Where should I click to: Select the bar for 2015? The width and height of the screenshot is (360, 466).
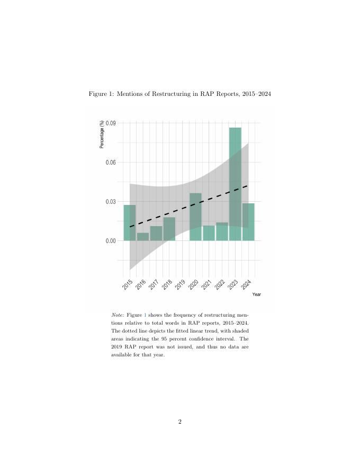tap(130, 222)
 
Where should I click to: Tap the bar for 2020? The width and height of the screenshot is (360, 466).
tap(196, 217)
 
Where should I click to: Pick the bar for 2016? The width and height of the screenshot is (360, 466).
tap(143, 237)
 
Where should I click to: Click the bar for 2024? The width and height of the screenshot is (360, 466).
tap(248, 222)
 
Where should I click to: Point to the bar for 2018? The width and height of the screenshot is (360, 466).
tap(169, 229)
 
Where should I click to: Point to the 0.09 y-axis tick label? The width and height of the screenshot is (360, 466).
tap(111, 123)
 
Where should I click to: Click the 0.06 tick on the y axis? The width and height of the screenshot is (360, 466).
tap(111, 163)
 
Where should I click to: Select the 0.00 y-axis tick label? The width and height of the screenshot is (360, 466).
tap(111, 241)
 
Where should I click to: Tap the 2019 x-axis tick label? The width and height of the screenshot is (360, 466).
tap(181, 284)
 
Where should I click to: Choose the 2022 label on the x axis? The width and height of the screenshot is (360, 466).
tap(220, 284)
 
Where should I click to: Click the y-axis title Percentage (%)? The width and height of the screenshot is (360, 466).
tap(102, 135)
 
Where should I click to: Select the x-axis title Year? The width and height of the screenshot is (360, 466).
tap(256, 294)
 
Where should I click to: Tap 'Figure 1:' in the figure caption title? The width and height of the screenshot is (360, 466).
tap(101, 94)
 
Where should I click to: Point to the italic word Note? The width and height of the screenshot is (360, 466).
tap(117, 315)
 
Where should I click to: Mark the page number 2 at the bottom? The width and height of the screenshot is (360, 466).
tap(180, 422)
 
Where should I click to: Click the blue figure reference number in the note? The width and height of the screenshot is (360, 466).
tap(146, 315)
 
